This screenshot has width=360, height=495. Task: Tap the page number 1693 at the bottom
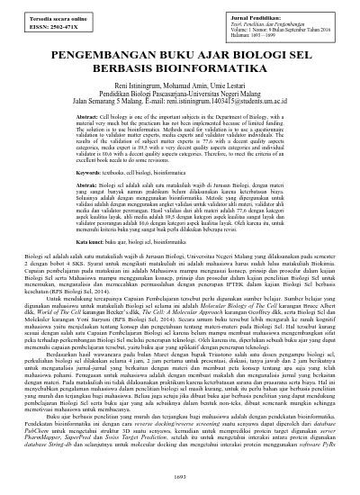click(180, 487)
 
